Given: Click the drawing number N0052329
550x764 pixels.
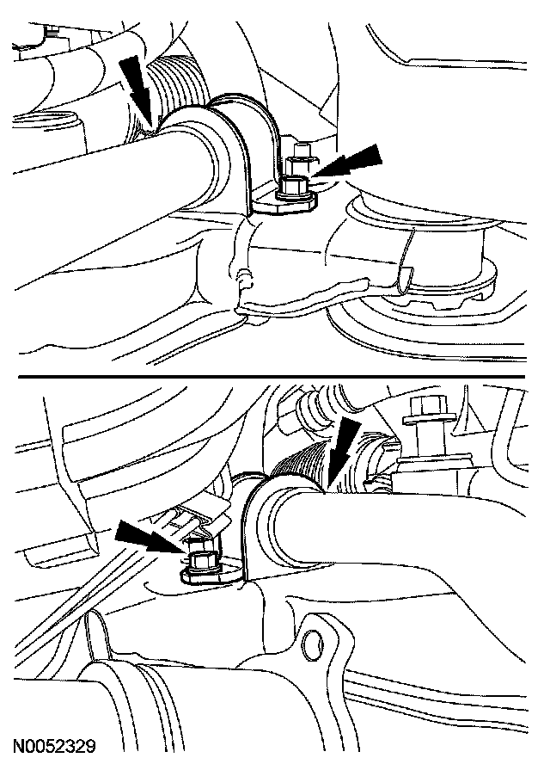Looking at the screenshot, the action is click(54, 747).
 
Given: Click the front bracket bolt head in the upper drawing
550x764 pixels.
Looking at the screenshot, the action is click(291, 188).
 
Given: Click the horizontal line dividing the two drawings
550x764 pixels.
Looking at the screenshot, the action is click(272, 376).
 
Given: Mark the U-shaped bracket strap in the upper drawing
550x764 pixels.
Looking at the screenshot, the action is click(243, 146).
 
